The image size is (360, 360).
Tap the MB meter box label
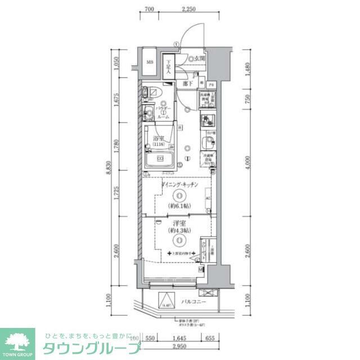click(x=150, y=62)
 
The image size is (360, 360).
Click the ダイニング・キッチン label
click(x=178, y=186)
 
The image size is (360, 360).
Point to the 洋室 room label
click(x=179, y=223)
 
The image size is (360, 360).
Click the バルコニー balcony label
click(x=193, y=302)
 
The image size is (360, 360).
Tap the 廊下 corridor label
click(x=188, y=83)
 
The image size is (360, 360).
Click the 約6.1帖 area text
click(x=178, y=206)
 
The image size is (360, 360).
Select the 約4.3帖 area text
click(x=179, y=231)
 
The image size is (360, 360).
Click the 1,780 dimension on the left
click(x=116, y=147)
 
